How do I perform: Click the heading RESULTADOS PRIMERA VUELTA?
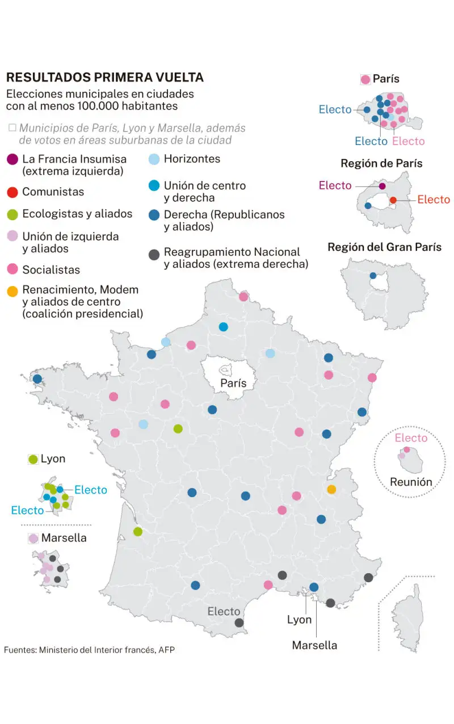point(104,78)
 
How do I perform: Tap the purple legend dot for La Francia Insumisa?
point(12,159)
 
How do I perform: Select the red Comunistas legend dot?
point(12,192)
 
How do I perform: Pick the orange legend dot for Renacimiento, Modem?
point(12,291)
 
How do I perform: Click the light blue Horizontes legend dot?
point(153,159)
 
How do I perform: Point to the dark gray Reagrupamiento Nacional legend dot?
point(153,253)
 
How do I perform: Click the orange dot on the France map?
point(331,489)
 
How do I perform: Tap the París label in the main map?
point(233,384)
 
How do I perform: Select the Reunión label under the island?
point(411,482)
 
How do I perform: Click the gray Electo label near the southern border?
point(224,612)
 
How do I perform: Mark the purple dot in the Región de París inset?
point(382,186)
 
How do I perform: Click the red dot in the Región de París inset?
point(393,200)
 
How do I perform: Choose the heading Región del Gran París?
point(384,247)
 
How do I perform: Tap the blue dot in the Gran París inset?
point(373,276)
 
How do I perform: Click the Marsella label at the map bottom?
point(314,645)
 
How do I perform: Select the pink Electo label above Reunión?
point(411,438)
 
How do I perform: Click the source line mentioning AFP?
point(89,650)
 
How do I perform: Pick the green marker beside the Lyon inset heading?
point(33,460)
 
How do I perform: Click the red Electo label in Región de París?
point(434,200)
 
